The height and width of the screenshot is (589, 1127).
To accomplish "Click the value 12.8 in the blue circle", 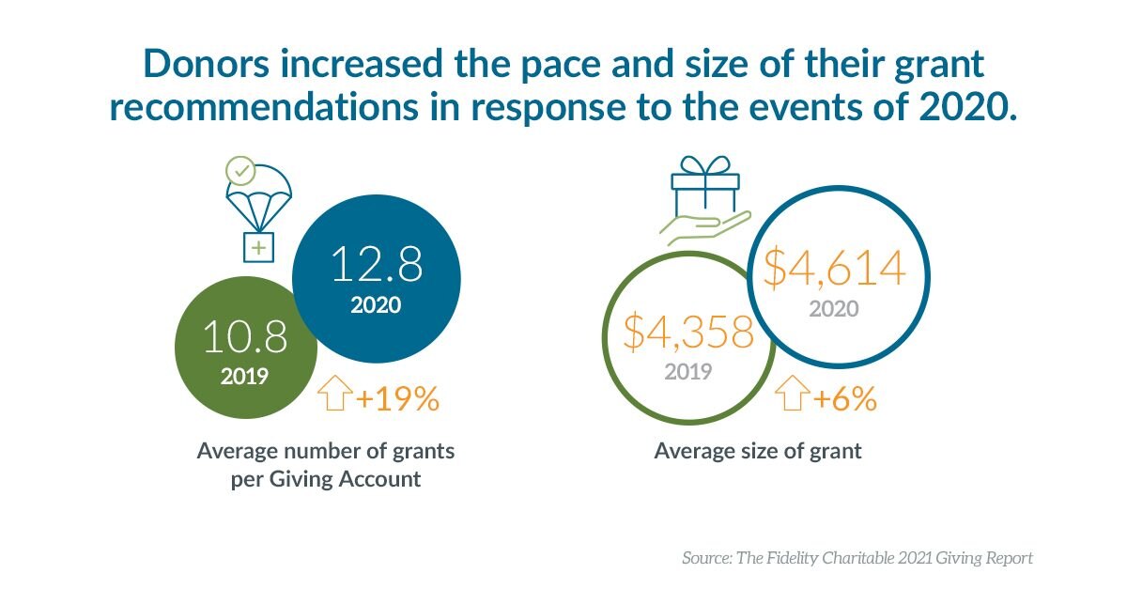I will click(x=377, y=265).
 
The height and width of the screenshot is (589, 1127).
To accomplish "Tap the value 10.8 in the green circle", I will click(x=245, y=337).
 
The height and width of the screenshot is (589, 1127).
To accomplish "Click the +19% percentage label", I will click(x=397, y=400).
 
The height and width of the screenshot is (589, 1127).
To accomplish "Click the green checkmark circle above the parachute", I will click(x=241, y=172).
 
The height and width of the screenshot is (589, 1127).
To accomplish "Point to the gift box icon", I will click(x=703, y=187).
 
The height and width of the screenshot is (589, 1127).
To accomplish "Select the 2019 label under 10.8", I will click(x=245, y=378).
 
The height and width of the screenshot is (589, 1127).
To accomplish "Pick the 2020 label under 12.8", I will click(x=376, y=305).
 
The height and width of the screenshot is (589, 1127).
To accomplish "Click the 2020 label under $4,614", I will click(x=834, y=308).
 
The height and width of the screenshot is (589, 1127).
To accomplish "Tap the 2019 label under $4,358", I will click(x=688, y=371).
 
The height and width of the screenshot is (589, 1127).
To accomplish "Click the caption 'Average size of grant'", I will click(x=757, y=451).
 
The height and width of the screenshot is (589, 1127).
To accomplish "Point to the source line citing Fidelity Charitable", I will click(x=857, y=558).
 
